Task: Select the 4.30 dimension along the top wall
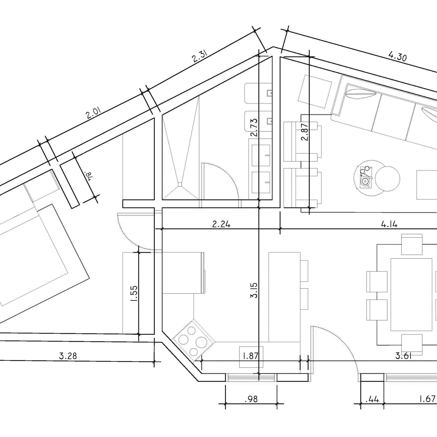pyautogui.click(x=397, y=56)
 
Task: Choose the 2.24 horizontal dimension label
pyautogui.click(x=221, y=224)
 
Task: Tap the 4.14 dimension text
pyautogui.click(x=389, y=224)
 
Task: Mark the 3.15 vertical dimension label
pyautogui.click(x=254, y=290)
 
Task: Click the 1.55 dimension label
pyautogui.click(x=134, y=293)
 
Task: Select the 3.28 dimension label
pyautogui.click(x=68, y=356)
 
